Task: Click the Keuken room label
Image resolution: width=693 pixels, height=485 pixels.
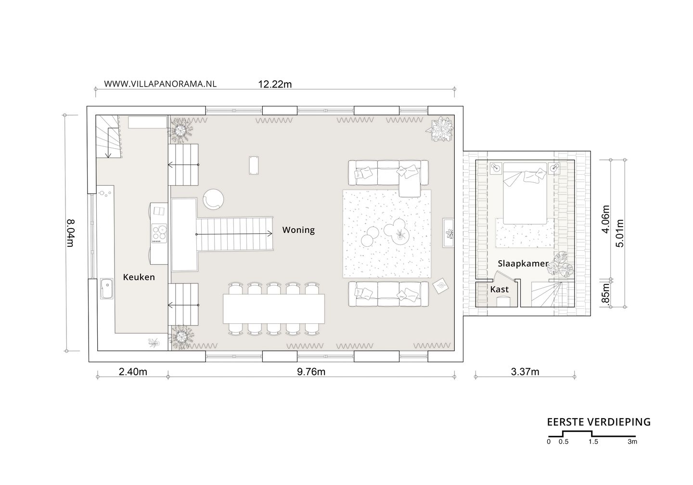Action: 139,277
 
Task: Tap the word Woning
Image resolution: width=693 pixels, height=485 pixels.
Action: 298,230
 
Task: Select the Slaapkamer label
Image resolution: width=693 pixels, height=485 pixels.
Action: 523,264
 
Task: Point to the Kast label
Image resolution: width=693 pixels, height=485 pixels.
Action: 500,289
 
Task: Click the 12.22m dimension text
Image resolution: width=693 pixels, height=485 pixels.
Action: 275,84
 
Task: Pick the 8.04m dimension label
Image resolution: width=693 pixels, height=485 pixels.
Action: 71,233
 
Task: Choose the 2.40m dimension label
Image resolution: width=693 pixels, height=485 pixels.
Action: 133,372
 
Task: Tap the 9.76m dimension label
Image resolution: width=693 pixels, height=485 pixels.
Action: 311,372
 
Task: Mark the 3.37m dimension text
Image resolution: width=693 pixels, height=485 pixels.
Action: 525,372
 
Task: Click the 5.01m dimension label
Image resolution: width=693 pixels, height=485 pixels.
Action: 620,233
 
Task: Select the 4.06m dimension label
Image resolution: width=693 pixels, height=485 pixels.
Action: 606,219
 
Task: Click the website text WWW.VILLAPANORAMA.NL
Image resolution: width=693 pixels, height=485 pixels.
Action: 160,84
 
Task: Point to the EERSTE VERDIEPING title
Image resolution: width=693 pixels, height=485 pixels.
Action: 599,422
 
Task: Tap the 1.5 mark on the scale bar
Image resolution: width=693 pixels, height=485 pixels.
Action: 593,442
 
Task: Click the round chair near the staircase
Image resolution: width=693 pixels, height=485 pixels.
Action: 213,199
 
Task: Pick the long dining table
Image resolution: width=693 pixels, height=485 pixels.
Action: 274,309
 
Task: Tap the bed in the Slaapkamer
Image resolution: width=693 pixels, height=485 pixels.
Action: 525,193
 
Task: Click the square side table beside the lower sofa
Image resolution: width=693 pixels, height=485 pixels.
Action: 440,286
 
